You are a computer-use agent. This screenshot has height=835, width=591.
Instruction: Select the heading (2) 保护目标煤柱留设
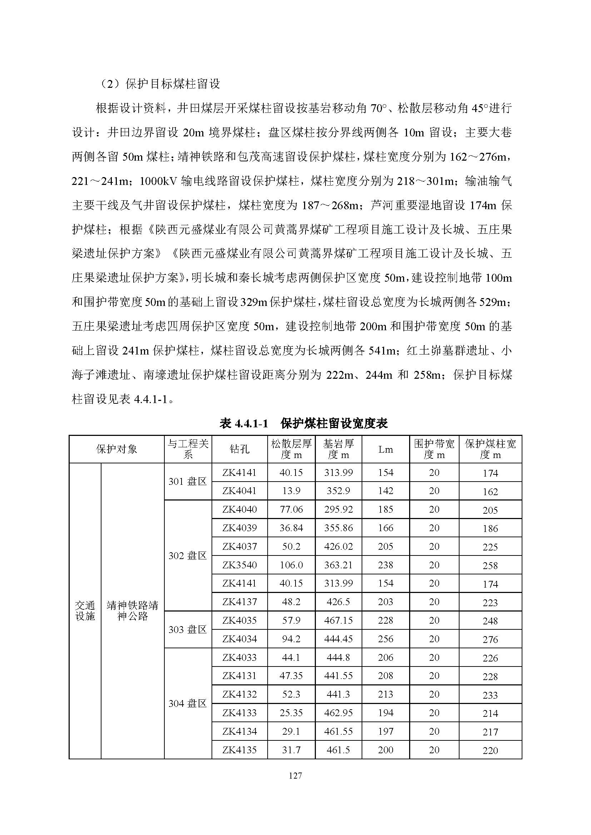coord(159,84)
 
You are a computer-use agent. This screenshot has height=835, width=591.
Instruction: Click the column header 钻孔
coord(239,449)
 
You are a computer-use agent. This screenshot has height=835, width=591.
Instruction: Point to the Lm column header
coord(386,449)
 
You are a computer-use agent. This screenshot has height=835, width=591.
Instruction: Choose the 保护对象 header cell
coord(116,449)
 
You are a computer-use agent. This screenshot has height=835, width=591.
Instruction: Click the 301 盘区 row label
coord(188,482)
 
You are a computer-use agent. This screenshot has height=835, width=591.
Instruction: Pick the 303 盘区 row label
coord(188,629)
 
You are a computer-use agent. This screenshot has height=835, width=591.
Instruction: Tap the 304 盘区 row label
coord(188,703)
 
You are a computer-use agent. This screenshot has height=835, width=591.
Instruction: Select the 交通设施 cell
coord(85,610)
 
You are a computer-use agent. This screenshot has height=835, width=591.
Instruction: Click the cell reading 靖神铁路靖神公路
coord(133,610)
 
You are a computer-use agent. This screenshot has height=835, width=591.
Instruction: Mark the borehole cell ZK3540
coord(239,565)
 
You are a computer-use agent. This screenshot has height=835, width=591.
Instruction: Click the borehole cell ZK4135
coord(239,750)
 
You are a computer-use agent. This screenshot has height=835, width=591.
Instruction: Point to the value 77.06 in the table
coord(291,509)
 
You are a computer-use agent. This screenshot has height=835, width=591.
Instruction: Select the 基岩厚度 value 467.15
coord(338,620)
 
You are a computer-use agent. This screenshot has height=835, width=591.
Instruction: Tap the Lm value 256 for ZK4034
coord(386,639)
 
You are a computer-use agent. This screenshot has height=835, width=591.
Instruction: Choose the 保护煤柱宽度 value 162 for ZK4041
coord(490,492)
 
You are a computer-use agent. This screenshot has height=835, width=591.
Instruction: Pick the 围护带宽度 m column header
coord(434,449)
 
